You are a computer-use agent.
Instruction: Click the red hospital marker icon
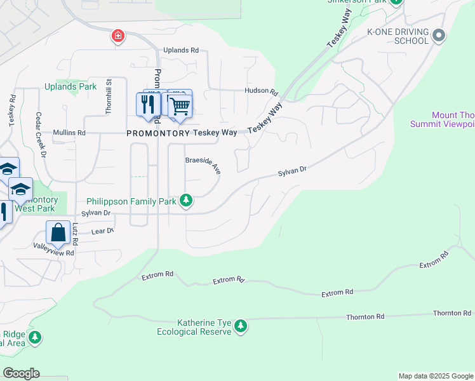tap(117, 36)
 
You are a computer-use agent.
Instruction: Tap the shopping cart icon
tap(180, 105)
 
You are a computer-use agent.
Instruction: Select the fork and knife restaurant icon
tap(148, 104)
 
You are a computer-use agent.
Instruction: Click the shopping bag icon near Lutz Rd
tap(58, 232)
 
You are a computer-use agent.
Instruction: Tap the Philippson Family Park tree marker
tap(185, 201)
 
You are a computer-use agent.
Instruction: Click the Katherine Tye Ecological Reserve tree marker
tap(240, 326)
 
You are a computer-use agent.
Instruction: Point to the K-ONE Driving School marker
tap(438, 36)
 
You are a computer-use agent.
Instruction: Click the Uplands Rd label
tap(181, 50)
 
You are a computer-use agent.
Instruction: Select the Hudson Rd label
tap(262, 91)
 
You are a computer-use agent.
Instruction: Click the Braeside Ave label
tap(203, 164)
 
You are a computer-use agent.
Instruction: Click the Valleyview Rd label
tap(54, 253)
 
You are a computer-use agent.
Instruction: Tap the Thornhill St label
tap(108, 97)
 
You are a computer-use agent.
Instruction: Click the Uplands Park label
tap(70, 86)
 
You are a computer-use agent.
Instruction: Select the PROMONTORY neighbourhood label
tap(158, 133)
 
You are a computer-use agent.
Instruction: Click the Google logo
tap(21, 373)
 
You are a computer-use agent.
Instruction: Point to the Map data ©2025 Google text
tap(435, 376)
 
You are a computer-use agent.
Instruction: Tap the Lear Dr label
tap(102, 232)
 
